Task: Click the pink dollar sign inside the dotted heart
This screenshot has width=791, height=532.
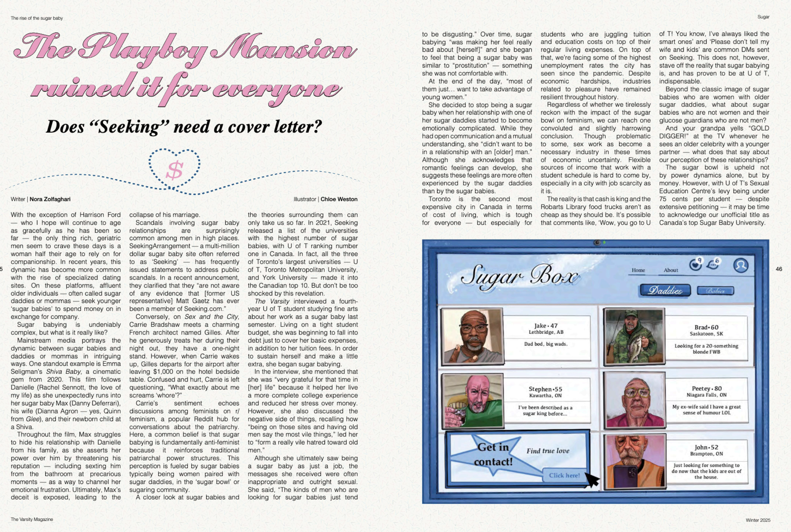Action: tap(175, 170)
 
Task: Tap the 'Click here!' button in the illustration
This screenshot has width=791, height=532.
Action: tap(564, 475)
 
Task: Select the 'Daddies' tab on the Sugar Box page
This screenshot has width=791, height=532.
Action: tap(665, 291)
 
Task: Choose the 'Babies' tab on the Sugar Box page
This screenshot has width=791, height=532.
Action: tap(715, 291)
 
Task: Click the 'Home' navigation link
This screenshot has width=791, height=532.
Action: tap(638, 270)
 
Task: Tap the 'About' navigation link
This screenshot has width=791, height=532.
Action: tap(671, 270)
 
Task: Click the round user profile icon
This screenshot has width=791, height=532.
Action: tap(741, 265)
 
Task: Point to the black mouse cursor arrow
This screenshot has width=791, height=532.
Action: tap(592, 480)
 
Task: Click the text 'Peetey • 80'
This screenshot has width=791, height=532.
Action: tap(707, 389)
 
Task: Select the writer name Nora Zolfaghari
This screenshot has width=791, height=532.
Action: tap(50, 199)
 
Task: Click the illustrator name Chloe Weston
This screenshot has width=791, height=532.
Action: tap(339, 199)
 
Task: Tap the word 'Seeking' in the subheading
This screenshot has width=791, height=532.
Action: tap(130, 127)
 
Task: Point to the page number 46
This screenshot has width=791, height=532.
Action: tap(779, 269)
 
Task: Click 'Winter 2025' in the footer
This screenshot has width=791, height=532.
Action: tap(758, 520)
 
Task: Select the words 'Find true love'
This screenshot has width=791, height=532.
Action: tap(548, 451)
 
